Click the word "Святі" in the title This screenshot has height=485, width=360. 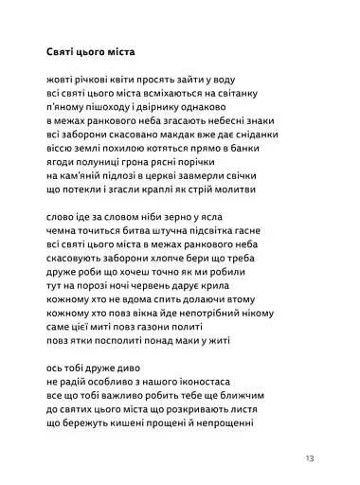63,52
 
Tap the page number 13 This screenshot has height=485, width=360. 310,458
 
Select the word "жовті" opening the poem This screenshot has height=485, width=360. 61,81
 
